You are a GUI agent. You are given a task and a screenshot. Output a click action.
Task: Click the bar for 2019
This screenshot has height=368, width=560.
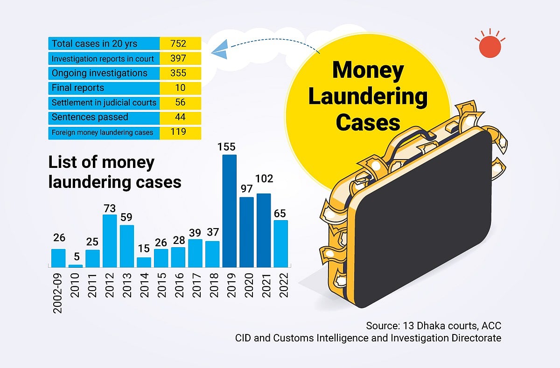click(229, 211)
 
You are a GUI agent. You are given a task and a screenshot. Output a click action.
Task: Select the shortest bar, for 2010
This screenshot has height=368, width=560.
click(75, 266)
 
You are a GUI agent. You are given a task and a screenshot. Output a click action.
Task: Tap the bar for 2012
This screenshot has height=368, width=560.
click(109, 241)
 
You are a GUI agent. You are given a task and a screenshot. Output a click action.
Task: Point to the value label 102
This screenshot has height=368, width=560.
click(264, 179)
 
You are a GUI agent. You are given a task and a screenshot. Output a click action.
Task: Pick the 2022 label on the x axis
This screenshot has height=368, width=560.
click(281, 284)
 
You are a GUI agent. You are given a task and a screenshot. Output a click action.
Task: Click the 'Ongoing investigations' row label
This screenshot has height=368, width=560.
click(99, 73)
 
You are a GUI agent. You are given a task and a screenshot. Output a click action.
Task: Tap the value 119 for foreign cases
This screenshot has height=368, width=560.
click(178, 132)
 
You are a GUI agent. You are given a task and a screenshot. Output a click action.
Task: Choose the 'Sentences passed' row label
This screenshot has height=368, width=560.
click(90, 117)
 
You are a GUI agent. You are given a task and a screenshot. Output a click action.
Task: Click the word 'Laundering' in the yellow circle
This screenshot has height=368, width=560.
click(368, 97)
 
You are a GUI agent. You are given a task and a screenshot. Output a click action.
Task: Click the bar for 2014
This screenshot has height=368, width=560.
click(144, 262)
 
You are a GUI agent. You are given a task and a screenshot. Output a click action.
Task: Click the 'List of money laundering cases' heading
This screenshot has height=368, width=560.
click(114, 172)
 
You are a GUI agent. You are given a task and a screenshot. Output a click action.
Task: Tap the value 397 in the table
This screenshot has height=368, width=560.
click(178, 58)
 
